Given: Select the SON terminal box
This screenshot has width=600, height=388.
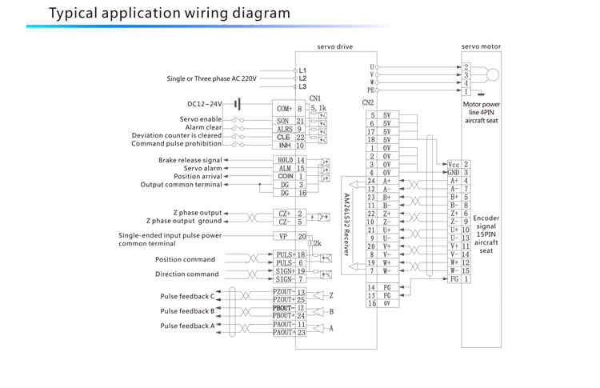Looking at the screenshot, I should [284, 120].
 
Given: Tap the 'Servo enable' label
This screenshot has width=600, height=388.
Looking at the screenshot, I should [201, 119].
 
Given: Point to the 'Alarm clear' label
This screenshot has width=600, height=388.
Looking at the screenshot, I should [204, 127].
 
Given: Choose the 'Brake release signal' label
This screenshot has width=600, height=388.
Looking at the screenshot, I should [190, 160].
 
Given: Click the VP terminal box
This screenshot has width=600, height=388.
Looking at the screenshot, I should [283, 236].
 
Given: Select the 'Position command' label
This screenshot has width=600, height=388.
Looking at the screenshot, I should [185, 259].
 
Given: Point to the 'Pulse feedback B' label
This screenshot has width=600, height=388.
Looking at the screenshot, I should [187, 311].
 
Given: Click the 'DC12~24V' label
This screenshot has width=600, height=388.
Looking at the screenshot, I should [205, 104].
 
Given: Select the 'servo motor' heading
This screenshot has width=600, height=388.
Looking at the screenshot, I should [482, 46].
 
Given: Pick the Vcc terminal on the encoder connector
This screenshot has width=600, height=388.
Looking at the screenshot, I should [454, 164].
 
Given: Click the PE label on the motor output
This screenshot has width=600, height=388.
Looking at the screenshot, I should [370, 90].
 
